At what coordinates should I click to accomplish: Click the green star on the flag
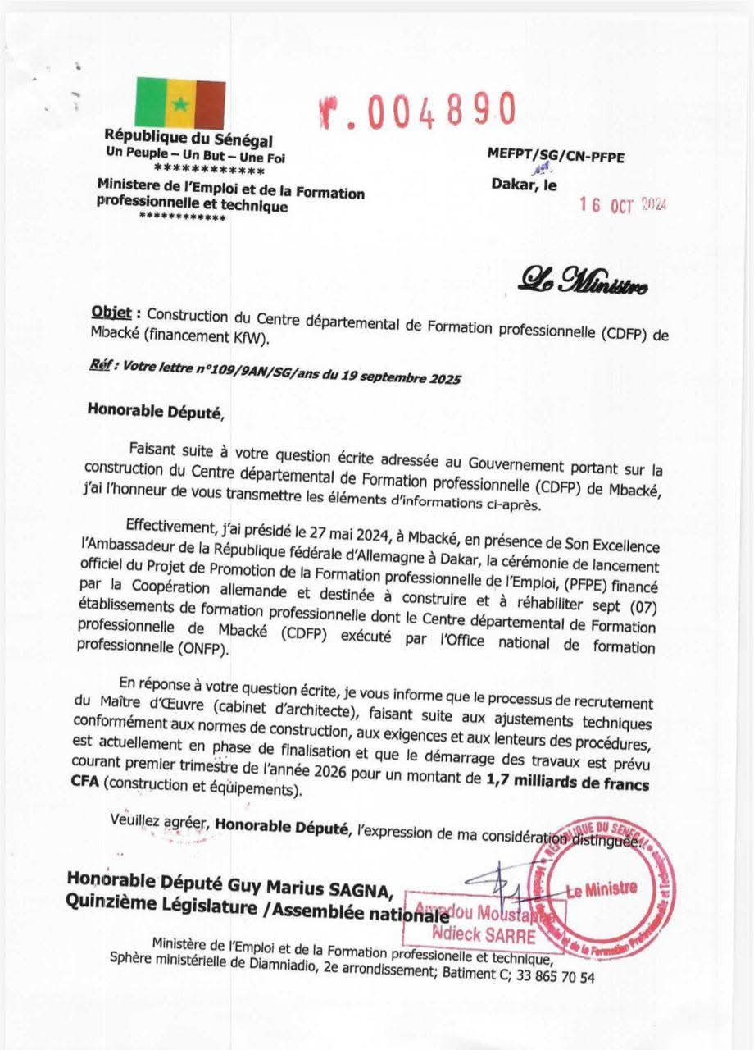[x=180, y=104]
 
